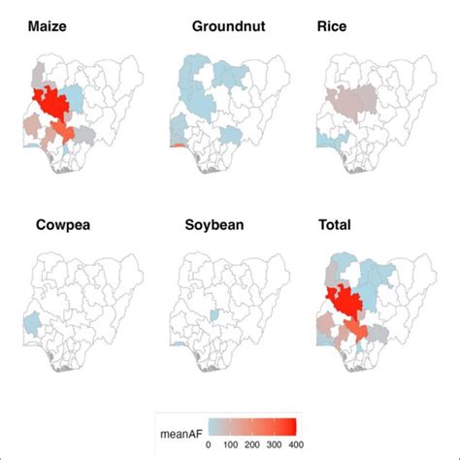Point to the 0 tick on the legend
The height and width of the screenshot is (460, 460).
(x=215, y=443)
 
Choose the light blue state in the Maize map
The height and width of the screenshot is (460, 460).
(x=81, y=93)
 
